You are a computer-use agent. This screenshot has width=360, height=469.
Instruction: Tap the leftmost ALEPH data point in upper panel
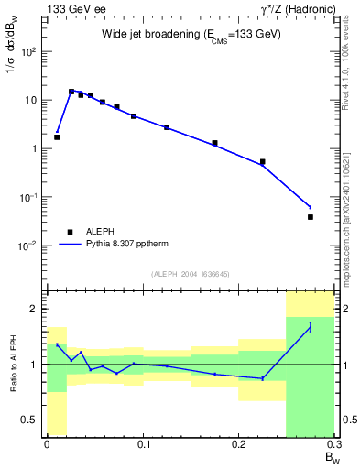pos(57,137)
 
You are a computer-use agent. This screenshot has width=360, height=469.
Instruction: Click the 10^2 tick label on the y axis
pos(27,51)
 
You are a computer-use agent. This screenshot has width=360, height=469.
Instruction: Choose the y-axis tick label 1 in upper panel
pos(33,148)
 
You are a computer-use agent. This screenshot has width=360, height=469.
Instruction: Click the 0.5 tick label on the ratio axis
pos(29,420)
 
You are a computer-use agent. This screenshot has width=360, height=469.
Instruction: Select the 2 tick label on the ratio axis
pos(35,309)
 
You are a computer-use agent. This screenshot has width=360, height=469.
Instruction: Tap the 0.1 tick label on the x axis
pos(143,445)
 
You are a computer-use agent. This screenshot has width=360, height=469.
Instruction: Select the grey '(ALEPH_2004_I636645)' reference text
pos(191,273)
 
